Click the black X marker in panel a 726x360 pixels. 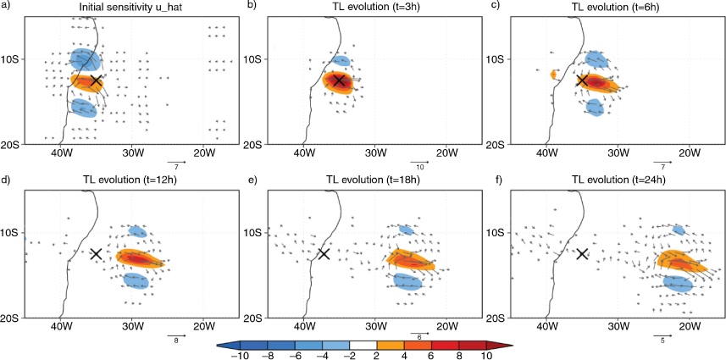pyautogui.click(x=96, y=80)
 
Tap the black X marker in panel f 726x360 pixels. pyautogui.click(x=582, y=253)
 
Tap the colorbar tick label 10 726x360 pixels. pyautogui.click(x=486, y=356)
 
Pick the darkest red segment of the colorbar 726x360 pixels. pyautogui.click(x=472, y=345)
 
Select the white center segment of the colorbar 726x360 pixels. pyautogui.click(x=363, y=345)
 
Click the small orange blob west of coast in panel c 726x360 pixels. pyautogui.click(x=553, y=75)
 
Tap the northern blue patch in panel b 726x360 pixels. pyautogui.click(x=341, y=61)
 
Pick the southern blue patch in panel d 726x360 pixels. pyautogui.click(x=136, y=281)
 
